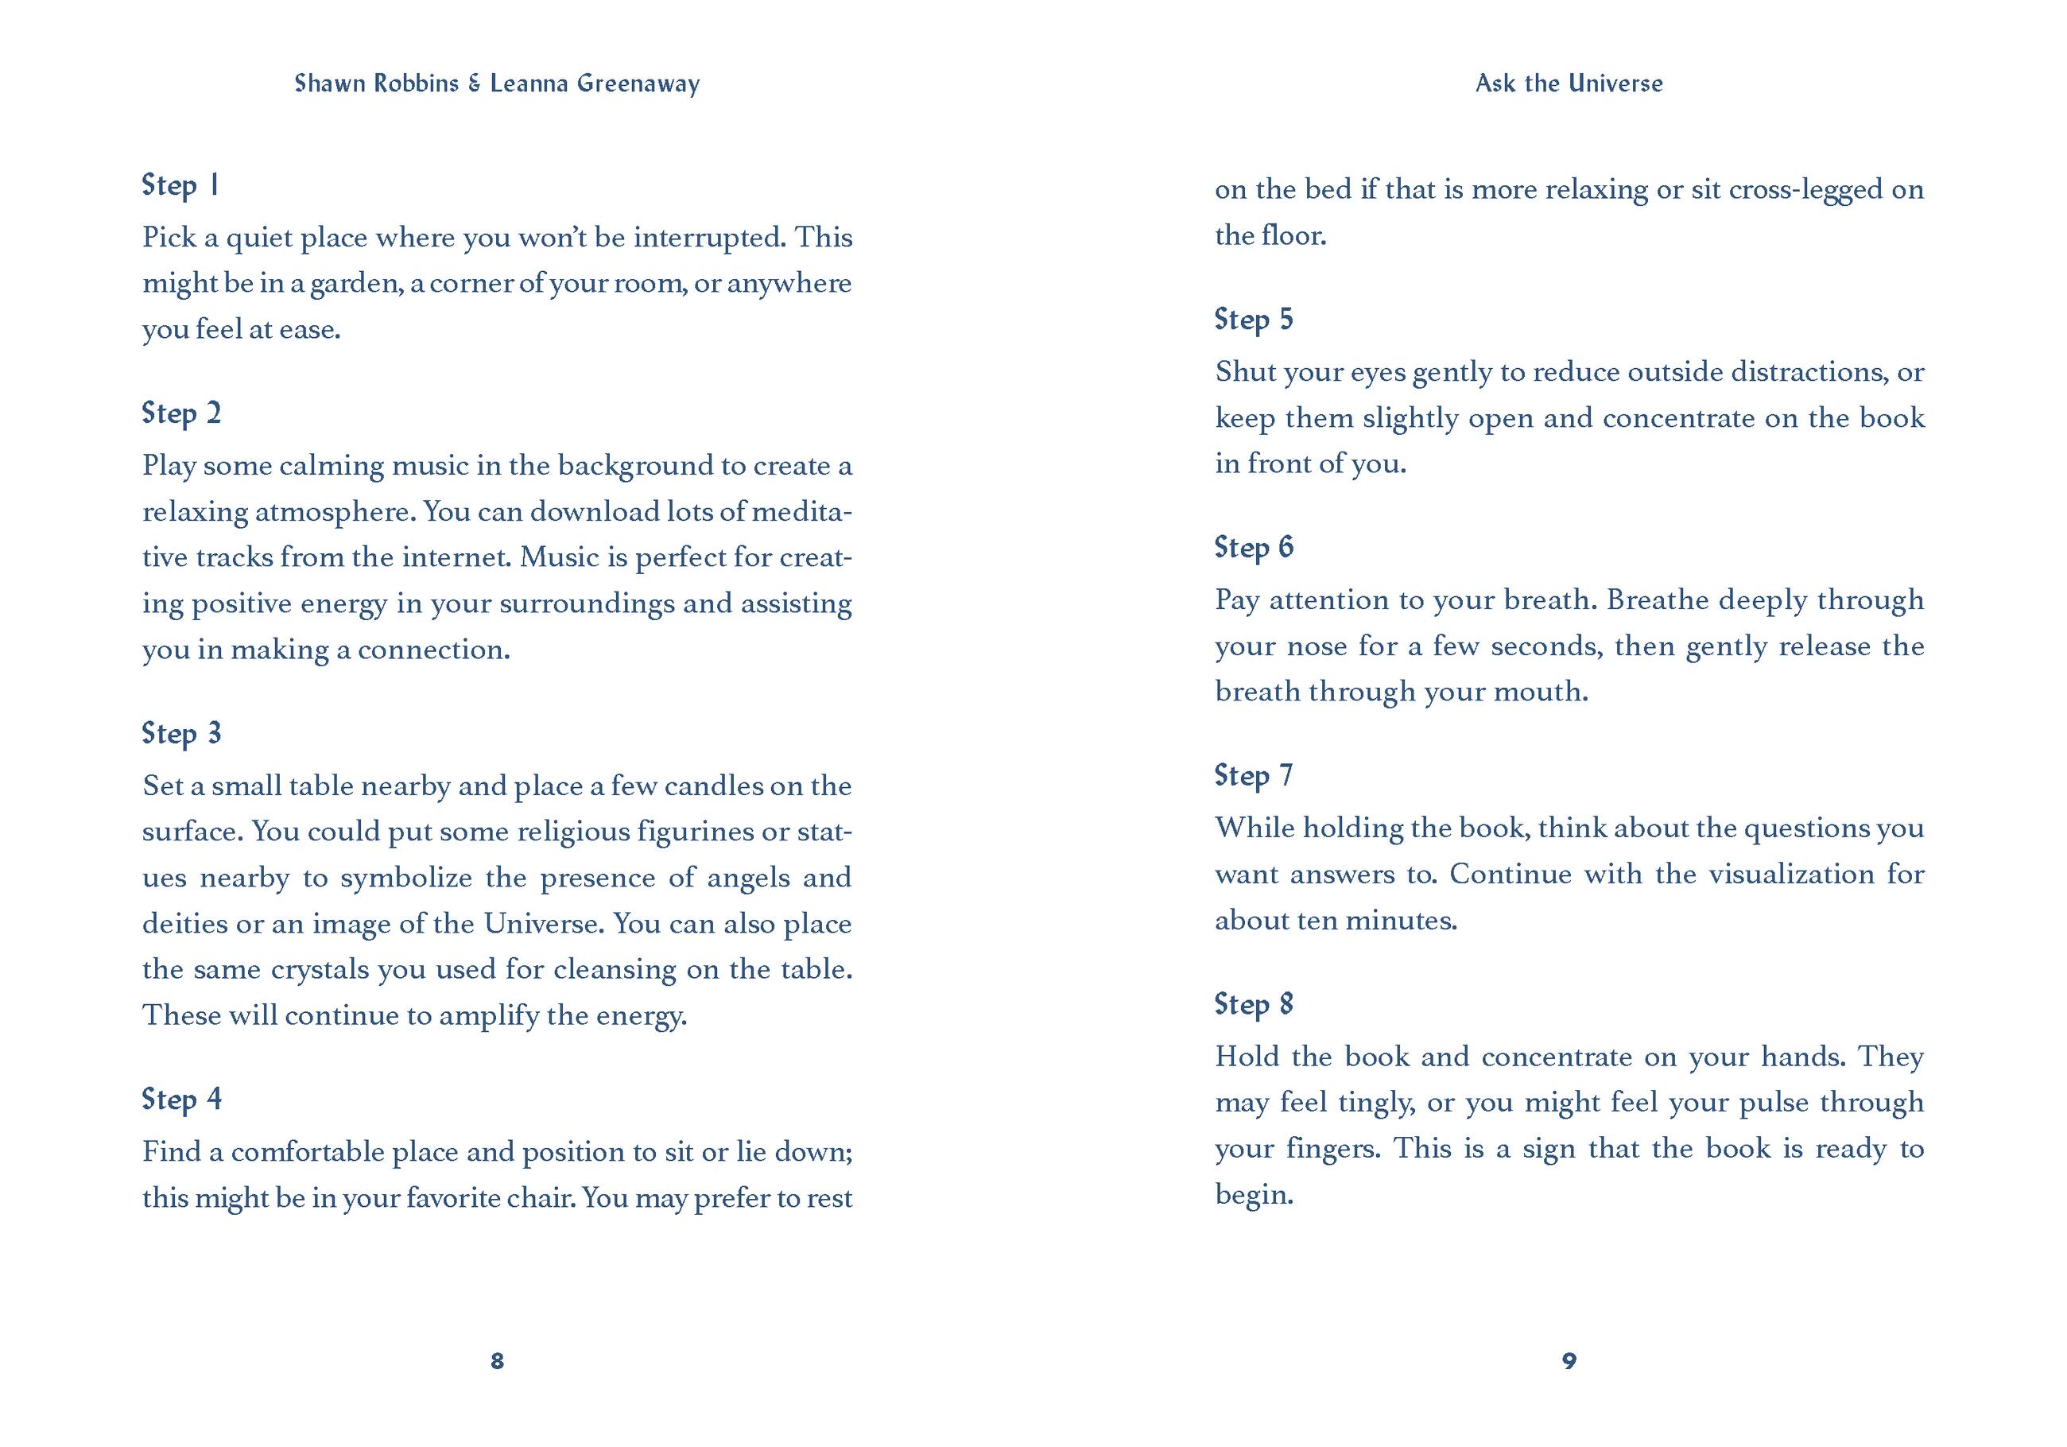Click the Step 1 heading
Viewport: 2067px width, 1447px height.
click(x=180, y=185)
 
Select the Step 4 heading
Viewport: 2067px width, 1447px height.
click(x=181, y=1100)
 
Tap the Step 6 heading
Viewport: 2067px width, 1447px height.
click(x=1253, y=548)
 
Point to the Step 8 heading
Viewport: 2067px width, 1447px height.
click(x=1253, y=1004)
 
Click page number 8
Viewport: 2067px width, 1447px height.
click(x=497, y=1360)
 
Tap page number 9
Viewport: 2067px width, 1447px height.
click(x=1569, y=1360)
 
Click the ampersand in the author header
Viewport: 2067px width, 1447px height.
click(x=475, y=83)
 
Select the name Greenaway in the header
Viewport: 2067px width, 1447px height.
click(x=638, y=83)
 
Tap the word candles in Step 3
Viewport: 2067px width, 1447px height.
click(x=712, y=786)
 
